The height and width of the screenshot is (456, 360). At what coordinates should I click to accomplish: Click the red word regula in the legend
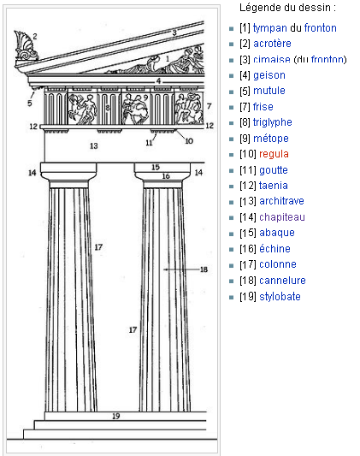pyautogui.click(x=274, y=154)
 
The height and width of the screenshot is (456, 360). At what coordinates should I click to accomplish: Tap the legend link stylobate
pyautogui.click(x=280, y=297)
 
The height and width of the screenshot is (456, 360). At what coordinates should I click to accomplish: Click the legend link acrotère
pyautogui.click(x=272, y=44)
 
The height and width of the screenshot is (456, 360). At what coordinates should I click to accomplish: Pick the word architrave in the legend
pyautogui.click(x=281, y=201)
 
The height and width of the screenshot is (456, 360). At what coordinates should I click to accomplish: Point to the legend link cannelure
pyautogui.click(x=282, y=281)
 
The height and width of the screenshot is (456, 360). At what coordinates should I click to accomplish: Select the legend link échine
pyautogui.click(x=274, y=249)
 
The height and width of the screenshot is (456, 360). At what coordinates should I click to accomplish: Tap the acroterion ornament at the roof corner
pyautogui.click(x=26, y=45)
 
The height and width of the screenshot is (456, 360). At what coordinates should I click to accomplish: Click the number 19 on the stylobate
pyautogui.click(x=116, y=416)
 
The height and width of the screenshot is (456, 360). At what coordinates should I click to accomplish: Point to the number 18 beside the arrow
pyautogui.click(x=204, y=269)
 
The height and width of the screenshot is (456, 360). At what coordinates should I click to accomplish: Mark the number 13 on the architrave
pyautogui.click(x=93, y=145)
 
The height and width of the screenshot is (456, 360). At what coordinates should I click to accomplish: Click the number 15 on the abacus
pyautogui.click(x=156, y=167)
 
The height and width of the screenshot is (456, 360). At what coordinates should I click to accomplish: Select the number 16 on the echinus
pyautogui.click(x=166, y=176)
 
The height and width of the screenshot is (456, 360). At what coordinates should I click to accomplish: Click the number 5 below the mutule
pyautogui.click(x=30, y=103)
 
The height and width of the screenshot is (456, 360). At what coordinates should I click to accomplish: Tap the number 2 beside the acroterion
pyautogui.click(x=35, y=36)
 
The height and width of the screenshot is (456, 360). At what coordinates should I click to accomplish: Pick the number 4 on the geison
pyautogui.click(x=158, y=80)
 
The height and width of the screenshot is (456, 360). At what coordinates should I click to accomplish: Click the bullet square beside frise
pyautogui.click(x=231, y=108)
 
